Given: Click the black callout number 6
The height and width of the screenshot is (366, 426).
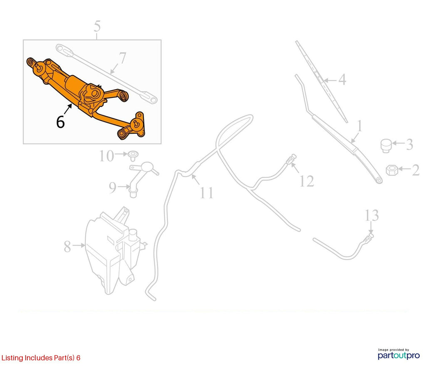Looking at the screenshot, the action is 60,122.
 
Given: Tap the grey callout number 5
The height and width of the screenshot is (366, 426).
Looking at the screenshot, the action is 97,26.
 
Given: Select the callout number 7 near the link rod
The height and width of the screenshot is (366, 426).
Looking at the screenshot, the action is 123,58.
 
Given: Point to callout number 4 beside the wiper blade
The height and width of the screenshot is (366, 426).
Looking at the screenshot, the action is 342,80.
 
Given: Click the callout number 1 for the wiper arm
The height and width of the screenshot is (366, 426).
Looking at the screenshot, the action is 360,126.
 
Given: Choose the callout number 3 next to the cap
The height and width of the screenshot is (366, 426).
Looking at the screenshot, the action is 409,144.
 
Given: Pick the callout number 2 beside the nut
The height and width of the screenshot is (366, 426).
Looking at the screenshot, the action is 416,170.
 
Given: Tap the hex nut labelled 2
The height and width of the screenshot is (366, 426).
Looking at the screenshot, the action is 392,170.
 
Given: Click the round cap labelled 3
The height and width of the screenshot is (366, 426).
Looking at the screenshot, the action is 386,146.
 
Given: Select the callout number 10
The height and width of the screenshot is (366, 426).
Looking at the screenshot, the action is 106,156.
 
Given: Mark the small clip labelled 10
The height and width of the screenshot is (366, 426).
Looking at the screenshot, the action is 133,156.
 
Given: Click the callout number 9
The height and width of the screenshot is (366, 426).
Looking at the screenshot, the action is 112,187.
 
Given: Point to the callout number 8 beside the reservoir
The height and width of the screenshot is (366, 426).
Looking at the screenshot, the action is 67,246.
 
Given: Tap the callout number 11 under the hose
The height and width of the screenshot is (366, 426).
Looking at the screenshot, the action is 206,193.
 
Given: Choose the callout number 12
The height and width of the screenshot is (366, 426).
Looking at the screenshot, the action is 307,181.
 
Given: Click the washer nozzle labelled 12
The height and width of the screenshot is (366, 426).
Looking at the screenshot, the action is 291,159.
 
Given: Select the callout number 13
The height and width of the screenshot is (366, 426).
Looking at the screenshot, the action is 372,215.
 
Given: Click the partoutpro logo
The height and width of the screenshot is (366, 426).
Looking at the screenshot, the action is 399,354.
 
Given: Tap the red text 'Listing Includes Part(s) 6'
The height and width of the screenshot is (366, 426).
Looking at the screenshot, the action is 41,358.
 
